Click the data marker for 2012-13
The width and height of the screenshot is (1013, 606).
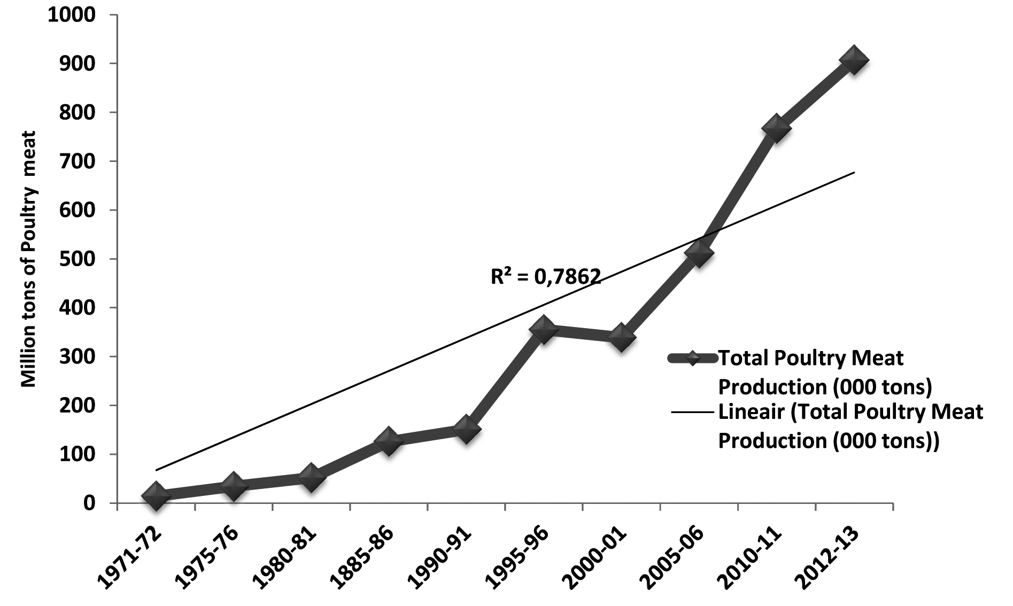tap(853, 60)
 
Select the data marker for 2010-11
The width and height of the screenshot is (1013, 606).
tap(776, 128)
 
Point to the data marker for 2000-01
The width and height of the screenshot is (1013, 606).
tap(621, 337)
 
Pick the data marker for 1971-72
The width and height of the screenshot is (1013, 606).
tap(156, 495)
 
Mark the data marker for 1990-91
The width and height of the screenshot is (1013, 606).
tap(466, 429)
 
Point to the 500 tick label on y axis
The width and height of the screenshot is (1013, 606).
tap(78, 259)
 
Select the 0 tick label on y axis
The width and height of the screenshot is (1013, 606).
tap(89, 503)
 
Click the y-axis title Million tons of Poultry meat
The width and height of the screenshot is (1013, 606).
tap(28, 259)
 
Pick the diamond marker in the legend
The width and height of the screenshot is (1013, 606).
tap(692, 358)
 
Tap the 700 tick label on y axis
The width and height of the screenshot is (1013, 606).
tap(78, 161)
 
